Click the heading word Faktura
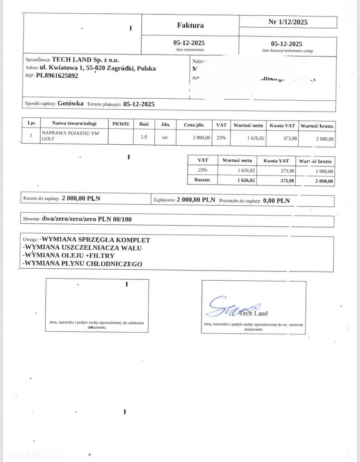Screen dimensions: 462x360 [x=190, y=25]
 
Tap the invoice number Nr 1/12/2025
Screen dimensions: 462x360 [x=288, y=22]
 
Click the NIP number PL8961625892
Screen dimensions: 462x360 [x=57, y=76]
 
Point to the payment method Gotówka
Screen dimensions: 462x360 [x=71, y=104]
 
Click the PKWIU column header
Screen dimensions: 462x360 [x=121, y=124]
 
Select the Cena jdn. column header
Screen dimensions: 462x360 [x=194, y=124]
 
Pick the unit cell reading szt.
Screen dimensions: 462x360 [x=165, y=138]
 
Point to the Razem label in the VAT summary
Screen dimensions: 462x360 [x=203, y=180]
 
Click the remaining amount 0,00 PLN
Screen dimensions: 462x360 [x=276, y=201]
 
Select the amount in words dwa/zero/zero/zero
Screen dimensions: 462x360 [x=86, y=219]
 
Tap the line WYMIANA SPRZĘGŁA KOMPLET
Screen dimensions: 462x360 [x=95, y=240]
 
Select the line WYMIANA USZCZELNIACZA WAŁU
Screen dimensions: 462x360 [x=83, y=247]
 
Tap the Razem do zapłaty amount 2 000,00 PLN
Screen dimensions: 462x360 [x=81, y=198]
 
